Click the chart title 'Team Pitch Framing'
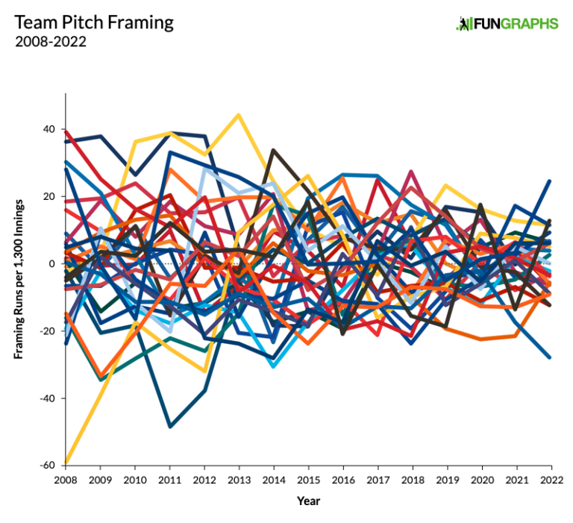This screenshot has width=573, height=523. [x=94, y=22]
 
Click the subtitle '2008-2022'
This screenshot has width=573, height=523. [x=50, y=42]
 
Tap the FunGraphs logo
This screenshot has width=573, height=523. [x=507, y=24]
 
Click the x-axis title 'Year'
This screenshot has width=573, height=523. [x=308, y=501]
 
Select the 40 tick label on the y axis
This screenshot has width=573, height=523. [x=48, y=129]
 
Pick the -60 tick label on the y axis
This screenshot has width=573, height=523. [x=46, y=465]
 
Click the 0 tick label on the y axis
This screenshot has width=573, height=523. [x=51, y=263]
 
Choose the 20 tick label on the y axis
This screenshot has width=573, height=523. [x=48, y=196]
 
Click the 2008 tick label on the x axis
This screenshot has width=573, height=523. [x=66, y=478]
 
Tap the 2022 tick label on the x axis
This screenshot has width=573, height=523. [x=551, y=478]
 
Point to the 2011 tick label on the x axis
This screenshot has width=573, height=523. [x=169, y=478]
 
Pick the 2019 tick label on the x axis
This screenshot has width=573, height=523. [x=447, y=478]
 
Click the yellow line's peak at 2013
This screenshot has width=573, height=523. [x=238, y=115]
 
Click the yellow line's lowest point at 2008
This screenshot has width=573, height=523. [x=66, y=463]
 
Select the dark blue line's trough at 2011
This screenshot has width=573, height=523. [x=169, y=426]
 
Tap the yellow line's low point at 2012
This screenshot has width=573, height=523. [x=204, y=371]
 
